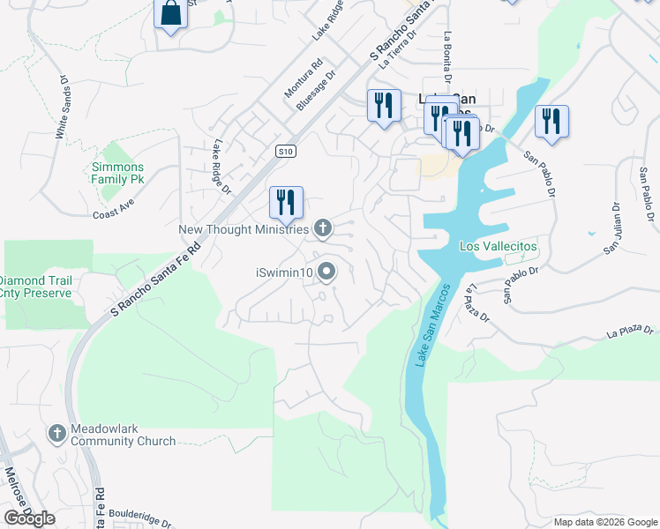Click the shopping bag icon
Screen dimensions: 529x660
[170, 14]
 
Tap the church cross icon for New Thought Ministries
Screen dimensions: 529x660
[323, 229]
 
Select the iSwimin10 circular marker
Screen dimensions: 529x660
[326, 272]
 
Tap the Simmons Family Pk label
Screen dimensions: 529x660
[117, 173]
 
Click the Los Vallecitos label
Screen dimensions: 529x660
[498, 246]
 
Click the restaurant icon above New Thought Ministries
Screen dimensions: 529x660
[286, 202]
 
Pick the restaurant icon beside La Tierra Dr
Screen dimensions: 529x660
[383, 106]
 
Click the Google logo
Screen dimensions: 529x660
[29, 518]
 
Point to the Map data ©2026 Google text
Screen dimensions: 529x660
[604, 522]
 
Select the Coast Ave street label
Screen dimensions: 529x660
[113, 214]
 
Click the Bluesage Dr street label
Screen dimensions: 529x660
[318, 91]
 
